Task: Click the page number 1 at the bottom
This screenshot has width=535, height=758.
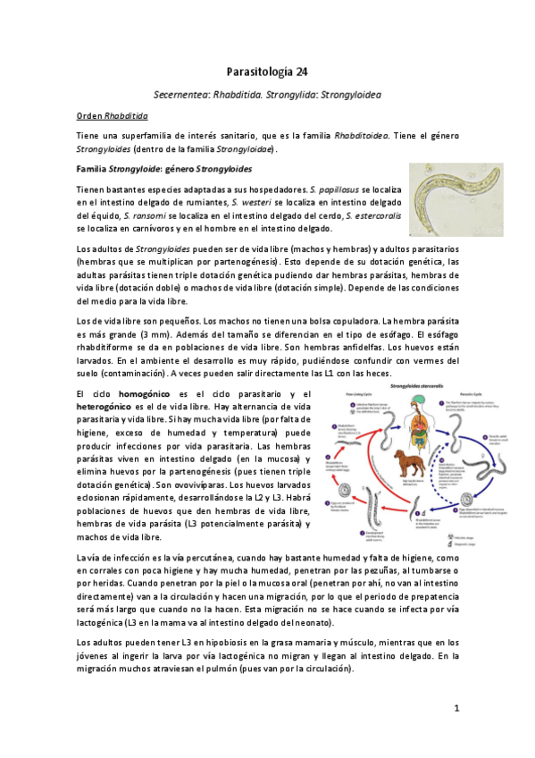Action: point(456,708)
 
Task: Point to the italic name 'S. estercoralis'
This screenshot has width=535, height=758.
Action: point(367,216)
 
